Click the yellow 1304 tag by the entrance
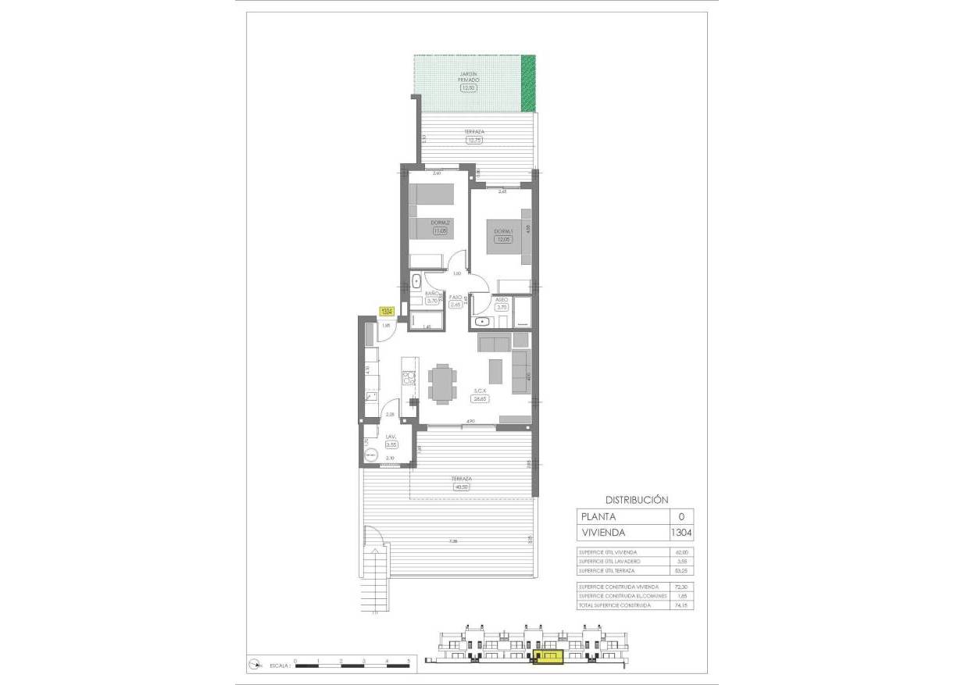(386, 312)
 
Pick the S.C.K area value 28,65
(479, 398)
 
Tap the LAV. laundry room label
(391, 437)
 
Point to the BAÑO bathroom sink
(416, 282)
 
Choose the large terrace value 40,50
(463, 487)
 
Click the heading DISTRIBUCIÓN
(637, 499)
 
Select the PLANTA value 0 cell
(681, 516)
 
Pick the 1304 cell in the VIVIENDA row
(681, 533)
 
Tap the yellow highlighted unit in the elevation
(548, 658)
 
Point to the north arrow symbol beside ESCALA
(255, 665)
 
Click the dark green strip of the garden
(530, 83)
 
